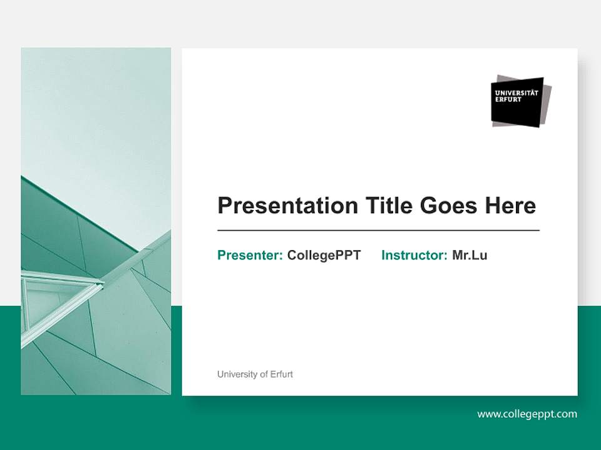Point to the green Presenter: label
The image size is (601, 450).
[x=250, y=255]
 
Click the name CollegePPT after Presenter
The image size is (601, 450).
[x=324, y=255]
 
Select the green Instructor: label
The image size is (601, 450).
[x=414, y=255]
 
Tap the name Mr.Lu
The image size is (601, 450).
[x=470, y=255]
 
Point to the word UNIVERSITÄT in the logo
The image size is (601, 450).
[x=516, y=92]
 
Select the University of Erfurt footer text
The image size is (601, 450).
[x=255, y=374]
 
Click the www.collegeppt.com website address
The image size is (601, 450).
[x=527, y=414]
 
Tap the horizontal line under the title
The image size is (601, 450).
[x=378, y=231]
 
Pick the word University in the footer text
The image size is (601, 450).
[x=236, y=374]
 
